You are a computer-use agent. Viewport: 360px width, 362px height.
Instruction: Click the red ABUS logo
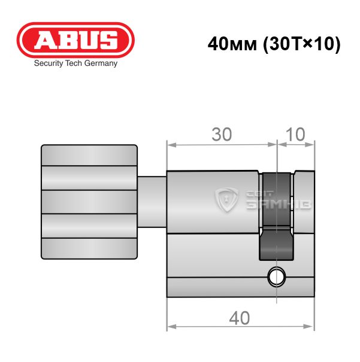coord(75,40)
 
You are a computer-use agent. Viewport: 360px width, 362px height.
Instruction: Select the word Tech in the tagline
coord(74,63)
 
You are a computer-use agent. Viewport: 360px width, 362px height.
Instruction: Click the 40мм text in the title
coord(232,44)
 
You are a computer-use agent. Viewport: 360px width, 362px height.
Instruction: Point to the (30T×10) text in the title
coord(302,44)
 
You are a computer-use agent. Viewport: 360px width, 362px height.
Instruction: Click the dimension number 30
coord(222,135)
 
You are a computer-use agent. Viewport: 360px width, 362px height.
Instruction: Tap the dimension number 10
coord(295,134)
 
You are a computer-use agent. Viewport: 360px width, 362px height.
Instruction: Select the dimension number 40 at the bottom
coord(240,318)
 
